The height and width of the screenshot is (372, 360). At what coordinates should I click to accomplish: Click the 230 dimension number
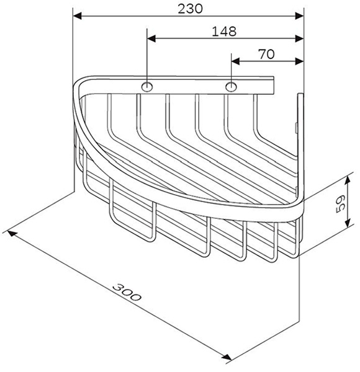(x=190, y=9)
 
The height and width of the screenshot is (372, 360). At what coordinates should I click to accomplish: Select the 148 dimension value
(x=224, y=32)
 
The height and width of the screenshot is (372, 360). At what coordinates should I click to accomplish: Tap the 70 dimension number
(x=266, y=54)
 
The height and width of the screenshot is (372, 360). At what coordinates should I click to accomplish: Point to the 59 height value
(x=341, y=204)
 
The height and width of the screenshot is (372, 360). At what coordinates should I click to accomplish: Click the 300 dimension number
(x=127, y=292)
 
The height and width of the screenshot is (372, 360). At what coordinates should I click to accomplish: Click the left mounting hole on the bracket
(x=147, y=87)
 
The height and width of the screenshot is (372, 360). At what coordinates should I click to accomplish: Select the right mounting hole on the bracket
(x=231, y=87)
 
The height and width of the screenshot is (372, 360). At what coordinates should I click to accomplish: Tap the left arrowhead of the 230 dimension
(x=78, y=16)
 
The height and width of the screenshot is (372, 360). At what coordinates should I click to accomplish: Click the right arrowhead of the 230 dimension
(x=299, y=16)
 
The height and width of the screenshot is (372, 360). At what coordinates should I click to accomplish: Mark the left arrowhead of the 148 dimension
(x=151, y=38)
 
